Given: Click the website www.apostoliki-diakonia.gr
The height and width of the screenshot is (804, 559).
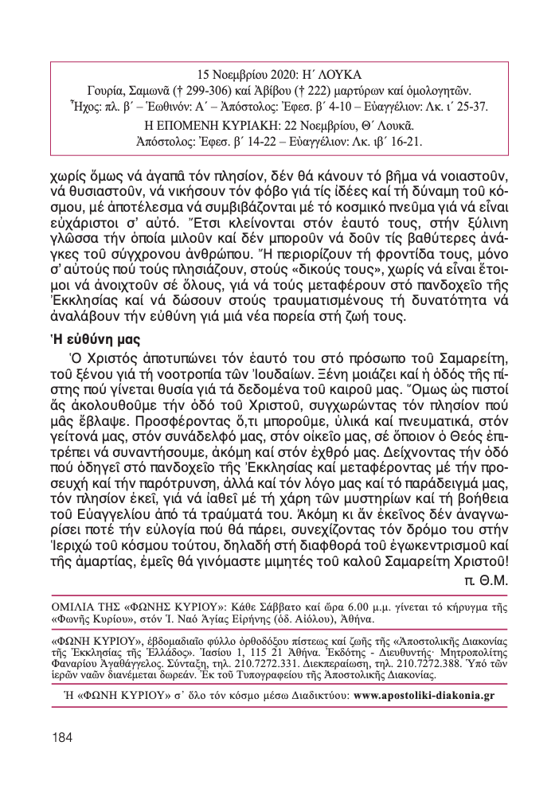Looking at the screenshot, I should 424,694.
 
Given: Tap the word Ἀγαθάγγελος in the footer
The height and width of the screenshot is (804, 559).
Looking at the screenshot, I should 147,665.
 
